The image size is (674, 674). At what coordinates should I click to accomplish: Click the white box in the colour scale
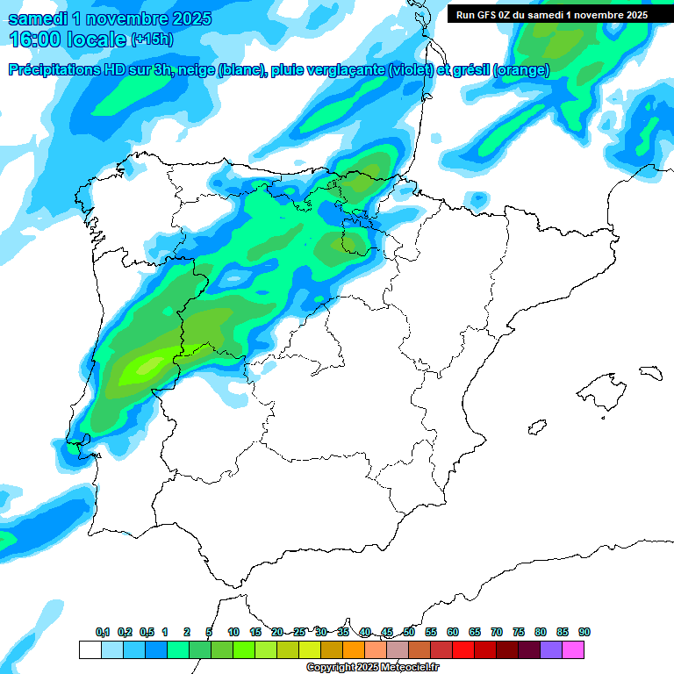pos(90,649)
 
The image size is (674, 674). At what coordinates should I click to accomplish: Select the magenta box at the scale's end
pos(574,649)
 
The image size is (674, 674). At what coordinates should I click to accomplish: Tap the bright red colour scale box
pos(464,649)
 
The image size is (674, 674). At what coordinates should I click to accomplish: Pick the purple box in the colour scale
pos(552,649)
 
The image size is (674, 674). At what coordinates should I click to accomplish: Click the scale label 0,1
pos(103,632)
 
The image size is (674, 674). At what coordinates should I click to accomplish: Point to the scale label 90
pos(584,632)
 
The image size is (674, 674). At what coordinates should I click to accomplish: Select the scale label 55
pos(431,632)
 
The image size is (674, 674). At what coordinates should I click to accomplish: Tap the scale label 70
pos(497,632)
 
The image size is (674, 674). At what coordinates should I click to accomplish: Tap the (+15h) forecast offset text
pos(152,39)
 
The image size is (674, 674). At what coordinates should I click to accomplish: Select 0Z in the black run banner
pos(510,15)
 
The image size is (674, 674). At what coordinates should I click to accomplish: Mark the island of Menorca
pos(650,372)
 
